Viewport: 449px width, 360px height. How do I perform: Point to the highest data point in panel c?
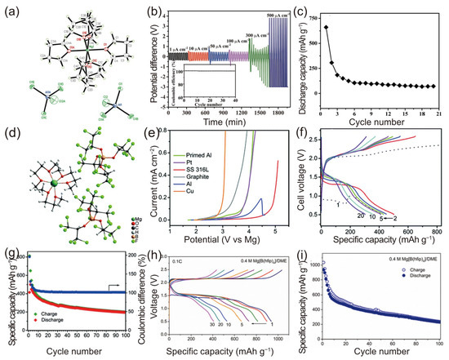tap(326, 27)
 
